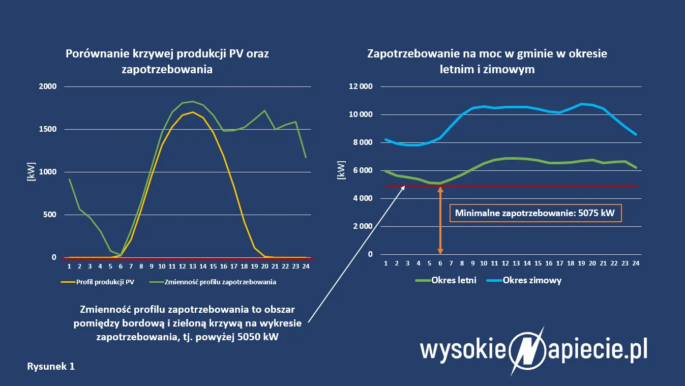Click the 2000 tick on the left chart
click(48, 86)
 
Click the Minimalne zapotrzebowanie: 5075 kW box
click(535, 214)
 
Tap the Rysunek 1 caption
click(51, 366)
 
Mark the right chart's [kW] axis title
click(341, 170)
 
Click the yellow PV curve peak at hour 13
click(193, 112)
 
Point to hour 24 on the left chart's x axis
click(306, 266)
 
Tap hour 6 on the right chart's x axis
click(440, 263)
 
